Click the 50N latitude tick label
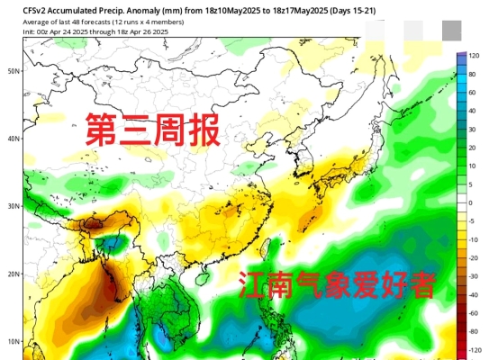click(x=14, y=70)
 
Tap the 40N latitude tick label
click(x=14, y=138)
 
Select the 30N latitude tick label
click(x=14, y=206)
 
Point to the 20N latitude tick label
click(x=14, y=274)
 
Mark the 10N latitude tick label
click(x=14, y=341)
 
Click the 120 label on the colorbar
click(x=472, y=56)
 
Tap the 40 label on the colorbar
click(x=471, y=112)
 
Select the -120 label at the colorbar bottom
click(x=473, y=349)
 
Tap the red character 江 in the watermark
click(x=254, y=286)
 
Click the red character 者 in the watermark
click(x=420, y=286)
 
